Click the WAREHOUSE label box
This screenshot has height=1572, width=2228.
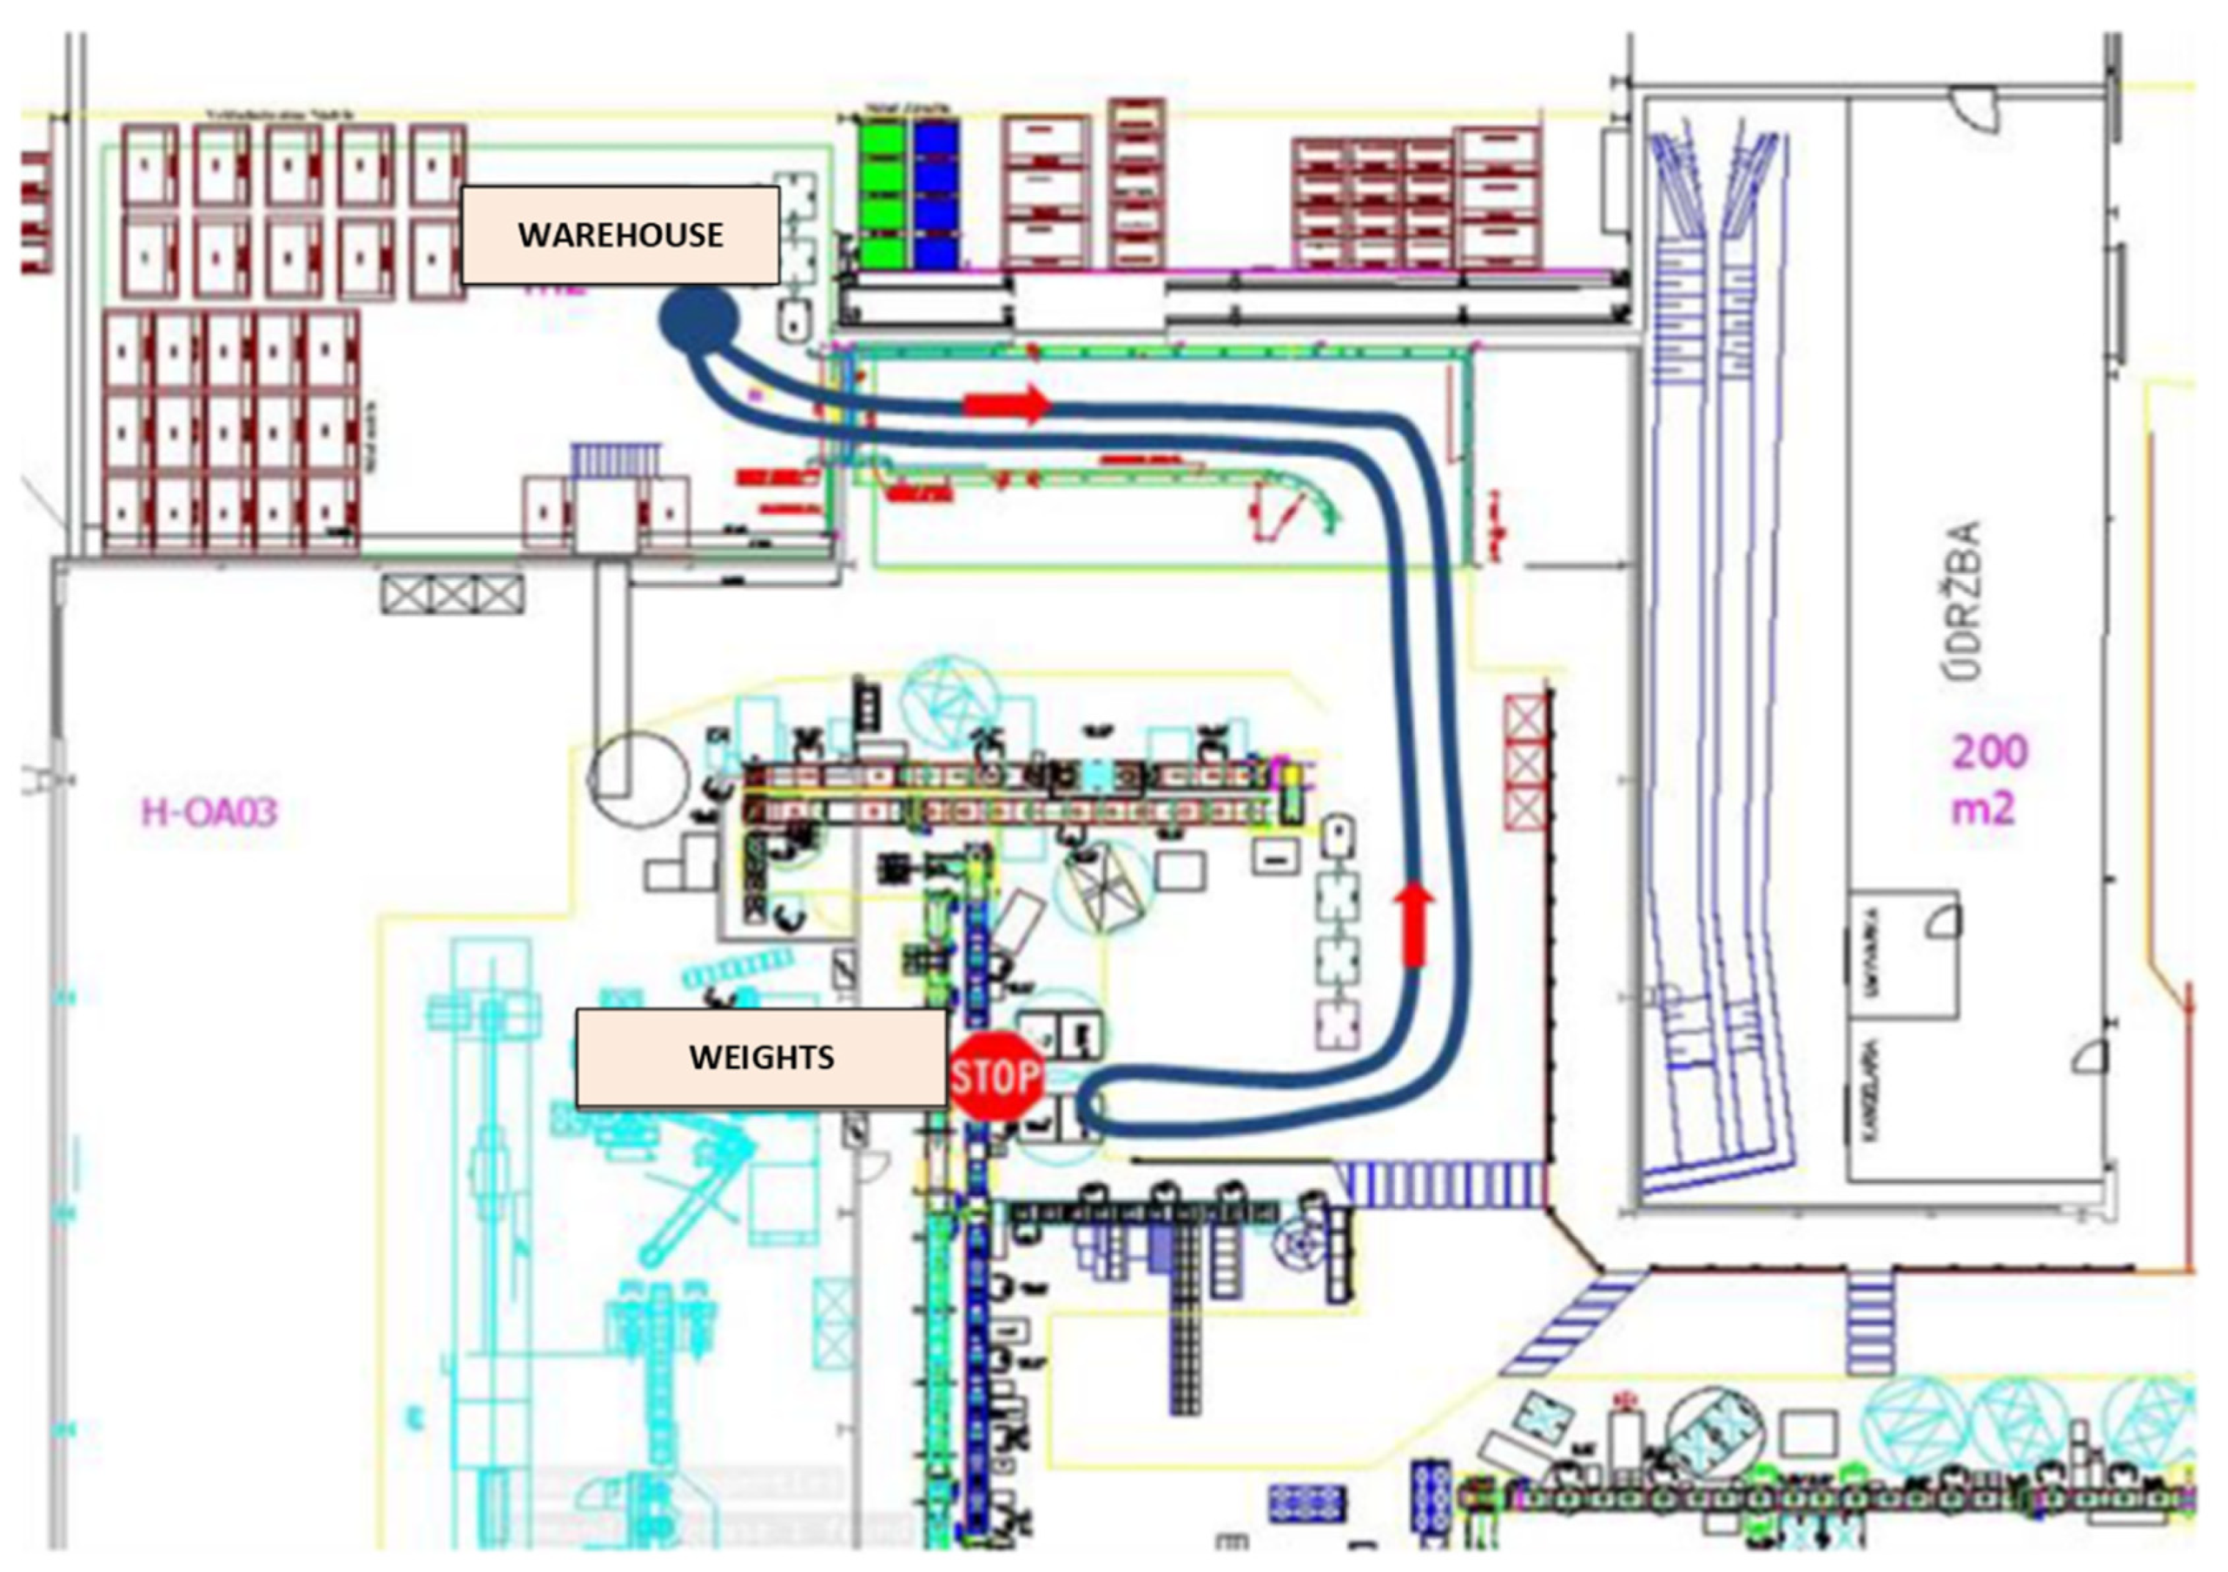point(619,235)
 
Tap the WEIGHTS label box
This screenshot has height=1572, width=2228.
point(761,1057)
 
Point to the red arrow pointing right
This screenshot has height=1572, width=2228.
point(1008,403)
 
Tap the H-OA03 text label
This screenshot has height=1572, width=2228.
point(210,811)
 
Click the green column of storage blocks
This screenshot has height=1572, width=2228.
point(885,193)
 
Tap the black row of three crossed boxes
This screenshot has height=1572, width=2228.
point(451,593)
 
